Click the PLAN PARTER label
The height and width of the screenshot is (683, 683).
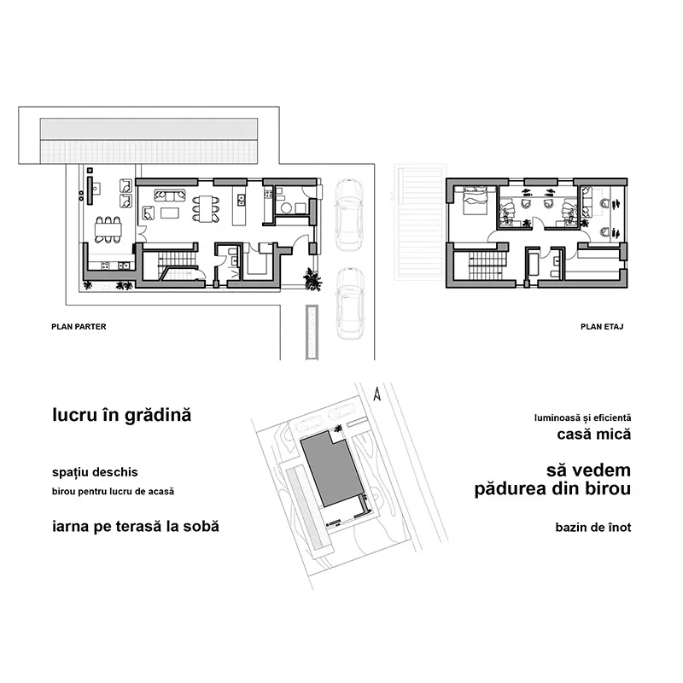click(x=79, y=327)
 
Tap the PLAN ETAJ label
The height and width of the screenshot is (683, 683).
click(x=602, y=327)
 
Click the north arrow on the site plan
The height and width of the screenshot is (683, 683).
click(x=377, y=394)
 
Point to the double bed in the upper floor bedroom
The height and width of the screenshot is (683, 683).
click(x=474, y=201)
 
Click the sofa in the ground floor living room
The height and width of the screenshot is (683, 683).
click(x=170, y=196)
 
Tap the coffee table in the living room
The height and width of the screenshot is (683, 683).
click(x=170, y=213)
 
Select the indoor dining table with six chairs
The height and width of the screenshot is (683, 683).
click(x=206, y=208)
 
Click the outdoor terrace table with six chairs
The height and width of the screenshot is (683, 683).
click(x=108, y=230)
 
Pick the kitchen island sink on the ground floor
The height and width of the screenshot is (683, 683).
click(x=241, y=201)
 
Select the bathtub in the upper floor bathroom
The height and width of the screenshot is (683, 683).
click(x=533, y=262)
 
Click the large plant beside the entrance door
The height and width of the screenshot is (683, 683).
click(x=312, y=279)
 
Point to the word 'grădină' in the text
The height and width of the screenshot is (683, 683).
click(x=158, y=415)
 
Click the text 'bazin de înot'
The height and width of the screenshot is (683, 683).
click(x=593, y=528)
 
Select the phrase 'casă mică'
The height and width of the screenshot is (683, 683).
click(x=594, y=435)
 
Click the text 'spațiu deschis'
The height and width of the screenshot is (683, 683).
click(x=95, y=473)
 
